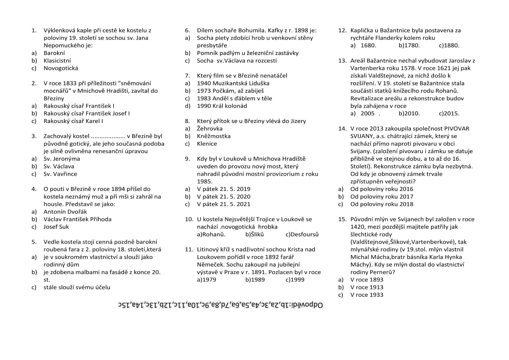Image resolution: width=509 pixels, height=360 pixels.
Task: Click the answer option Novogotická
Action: (x=61, y=68)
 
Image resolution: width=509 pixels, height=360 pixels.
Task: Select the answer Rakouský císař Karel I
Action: (x=73, y=121)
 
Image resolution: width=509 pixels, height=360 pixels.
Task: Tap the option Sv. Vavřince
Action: (x=60, y=174)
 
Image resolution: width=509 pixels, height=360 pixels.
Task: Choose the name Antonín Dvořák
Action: (x=65, y=212)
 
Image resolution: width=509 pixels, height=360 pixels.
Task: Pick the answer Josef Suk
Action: (x=56, y=227)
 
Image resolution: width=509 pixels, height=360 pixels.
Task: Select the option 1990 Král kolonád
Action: (x=222, y=106)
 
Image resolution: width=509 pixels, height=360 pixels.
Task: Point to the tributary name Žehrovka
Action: (x=210, y=129)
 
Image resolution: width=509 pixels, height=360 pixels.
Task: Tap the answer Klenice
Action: (x=207, y=144)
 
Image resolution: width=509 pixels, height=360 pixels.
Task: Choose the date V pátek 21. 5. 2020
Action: (x=223, y=197)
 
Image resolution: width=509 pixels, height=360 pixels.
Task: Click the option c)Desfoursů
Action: (x=302, y=235)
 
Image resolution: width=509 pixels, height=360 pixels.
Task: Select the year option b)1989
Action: (x=255, y=280)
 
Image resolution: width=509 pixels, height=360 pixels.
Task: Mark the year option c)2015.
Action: (x=449, y=114)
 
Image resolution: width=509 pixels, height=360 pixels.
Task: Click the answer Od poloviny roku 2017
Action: (x=382, y=197)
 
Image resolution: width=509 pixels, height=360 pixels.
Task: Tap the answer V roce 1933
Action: (x=367, y=295)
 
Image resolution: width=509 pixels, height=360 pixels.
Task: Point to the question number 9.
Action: (x=187, y=159)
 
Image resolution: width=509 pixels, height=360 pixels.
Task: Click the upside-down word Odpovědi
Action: (x=308, y=305)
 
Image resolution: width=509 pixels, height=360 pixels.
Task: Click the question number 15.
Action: (x=343, y=219)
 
